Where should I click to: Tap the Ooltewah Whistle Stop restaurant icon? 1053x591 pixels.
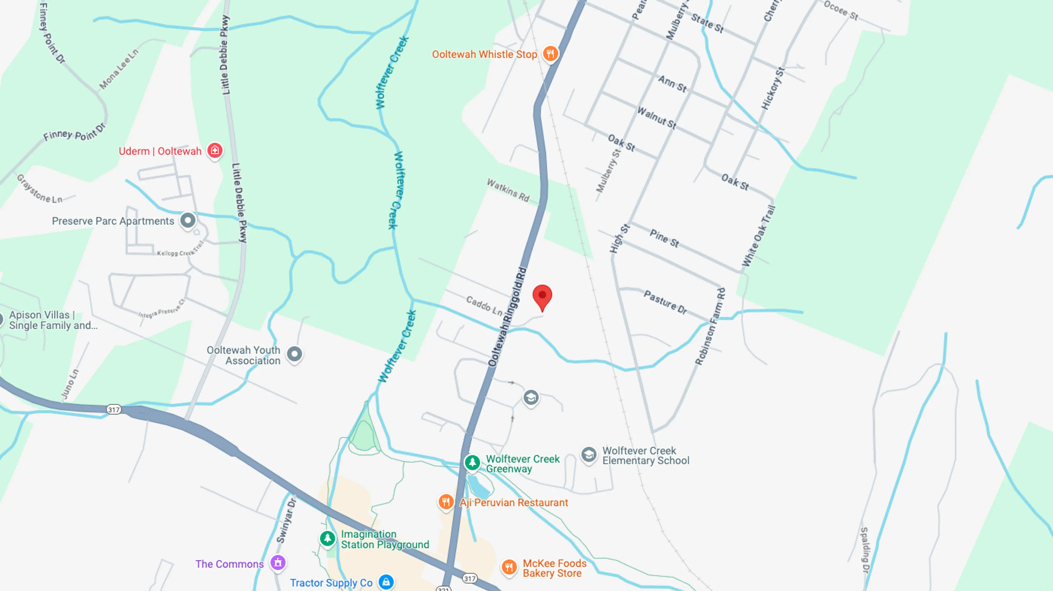pyautogui.click(x=550, y=53)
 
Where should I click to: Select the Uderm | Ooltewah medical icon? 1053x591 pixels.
pyautogui.click(x=215, y=150)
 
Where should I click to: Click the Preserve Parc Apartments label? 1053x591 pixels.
pyautogui.click(x=113, y=221)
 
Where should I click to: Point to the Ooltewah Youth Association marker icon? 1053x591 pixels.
pyautogui.click(x=294, y=354)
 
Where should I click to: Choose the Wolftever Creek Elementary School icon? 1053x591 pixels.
pyautogui.click(x=589, y=454)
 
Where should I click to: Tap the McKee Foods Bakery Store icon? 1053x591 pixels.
pyautogui.click(x=509, y=567)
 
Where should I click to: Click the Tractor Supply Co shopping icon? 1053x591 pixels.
pyautogui.click(x=386, y=582)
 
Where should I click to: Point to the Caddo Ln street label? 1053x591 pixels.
pyautogui.click(x=484, y=306)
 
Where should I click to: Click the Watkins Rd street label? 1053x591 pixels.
pyautogui.click(x=508, y=190)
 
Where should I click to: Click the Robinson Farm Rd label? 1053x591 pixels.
pyautogui.click(x=710, y=326)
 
